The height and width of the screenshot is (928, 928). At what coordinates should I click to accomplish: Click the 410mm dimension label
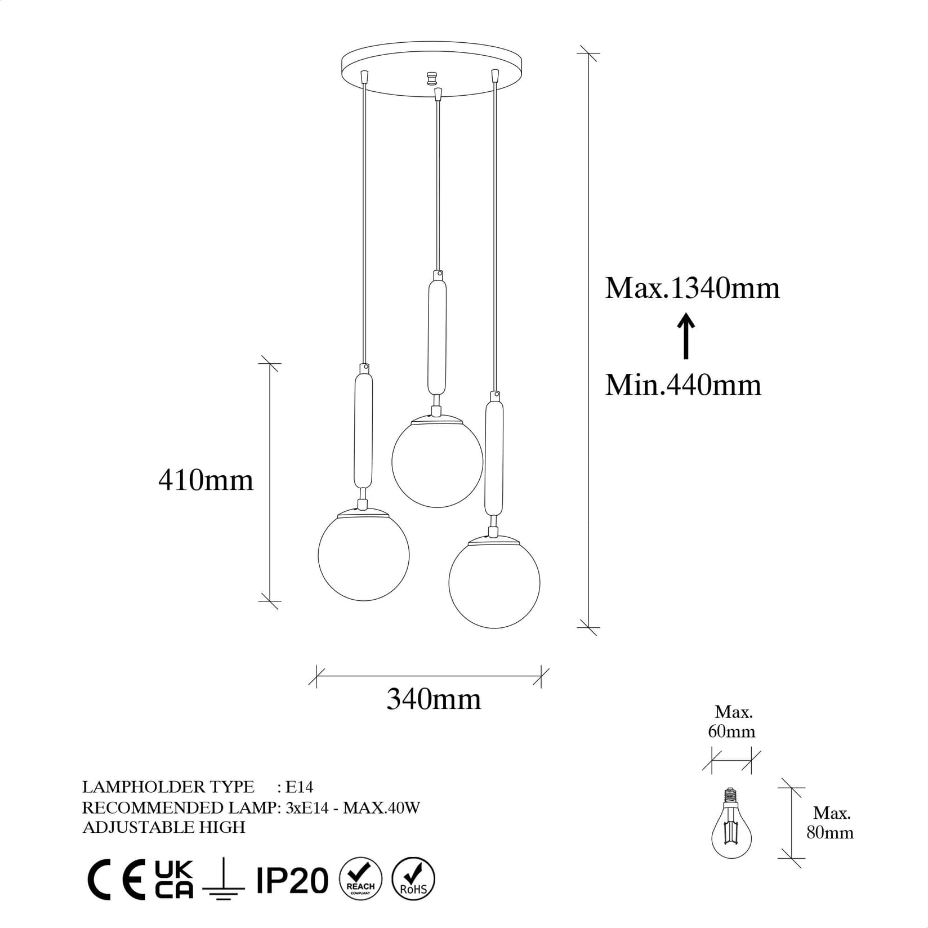point(206,480)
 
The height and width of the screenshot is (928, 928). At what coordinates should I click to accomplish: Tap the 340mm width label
point(434,699)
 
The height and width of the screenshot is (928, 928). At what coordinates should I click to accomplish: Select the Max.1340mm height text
point(692,288)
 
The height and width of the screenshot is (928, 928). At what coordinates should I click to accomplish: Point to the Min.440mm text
point(683,385)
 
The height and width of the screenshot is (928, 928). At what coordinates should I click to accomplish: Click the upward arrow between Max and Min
point(686,336)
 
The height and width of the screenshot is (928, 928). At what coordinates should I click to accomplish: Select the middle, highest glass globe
point(437,461)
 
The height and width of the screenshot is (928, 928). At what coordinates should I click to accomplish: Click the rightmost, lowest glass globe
point(494,583)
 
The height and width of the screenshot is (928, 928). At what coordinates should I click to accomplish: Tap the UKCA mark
point(174,879)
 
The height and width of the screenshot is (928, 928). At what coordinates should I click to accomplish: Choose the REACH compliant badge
point(361,879)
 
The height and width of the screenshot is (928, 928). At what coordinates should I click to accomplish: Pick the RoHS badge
point(413,879)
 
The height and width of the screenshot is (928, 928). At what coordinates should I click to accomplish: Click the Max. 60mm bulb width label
point(731,722)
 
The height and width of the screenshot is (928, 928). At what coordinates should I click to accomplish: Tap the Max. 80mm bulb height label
point(831,823)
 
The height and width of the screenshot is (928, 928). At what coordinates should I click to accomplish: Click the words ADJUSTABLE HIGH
point(164,827)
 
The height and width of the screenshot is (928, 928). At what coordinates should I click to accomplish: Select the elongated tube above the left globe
point(363,432)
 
